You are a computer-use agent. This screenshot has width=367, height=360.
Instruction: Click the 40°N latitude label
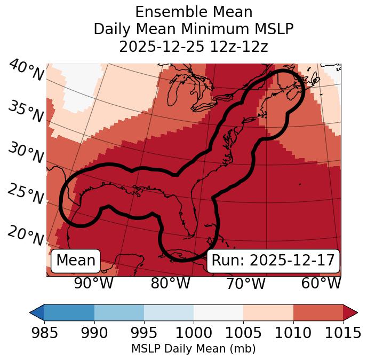click(26, 71)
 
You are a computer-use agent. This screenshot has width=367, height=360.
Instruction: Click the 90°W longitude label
click(93, 284)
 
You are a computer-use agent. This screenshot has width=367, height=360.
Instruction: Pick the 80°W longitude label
click(170, 284)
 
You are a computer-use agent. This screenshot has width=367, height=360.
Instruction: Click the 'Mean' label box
click(76, 261)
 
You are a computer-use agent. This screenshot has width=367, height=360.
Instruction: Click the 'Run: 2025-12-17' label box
click(273, 261)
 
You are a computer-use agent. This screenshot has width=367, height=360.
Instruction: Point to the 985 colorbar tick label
click(44, 333)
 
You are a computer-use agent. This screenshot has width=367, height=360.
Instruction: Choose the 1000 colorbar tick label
click(194, 333)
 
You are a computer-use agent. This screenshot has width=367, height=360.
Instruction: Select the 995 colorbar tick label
click(144, 333)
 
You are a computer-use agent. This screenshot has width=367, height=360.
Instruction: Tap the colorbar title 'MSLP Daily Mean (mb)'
click(194, 349)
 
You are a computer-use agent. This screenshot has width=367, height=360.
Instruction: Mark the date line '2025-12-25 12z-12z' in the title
click(194, 46)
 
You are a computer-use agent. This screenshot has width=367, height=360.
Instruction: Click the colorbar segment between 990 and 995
click(119, 312)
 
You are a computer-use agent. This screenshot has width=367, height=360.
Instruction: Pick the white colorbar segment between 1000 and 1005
click(218, 312)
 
